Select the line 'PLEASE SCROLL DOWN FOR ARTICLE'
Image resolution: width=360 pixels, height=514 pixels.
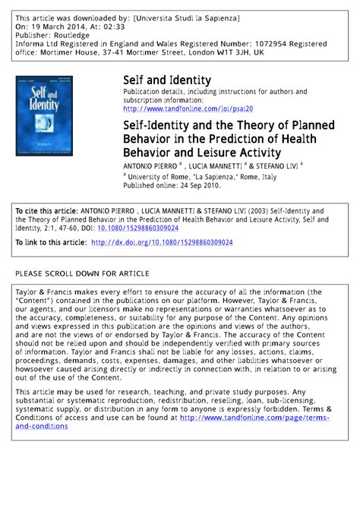[82, 273]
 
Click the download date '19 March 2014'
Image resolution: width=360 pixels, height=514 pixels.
[63, 24]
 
